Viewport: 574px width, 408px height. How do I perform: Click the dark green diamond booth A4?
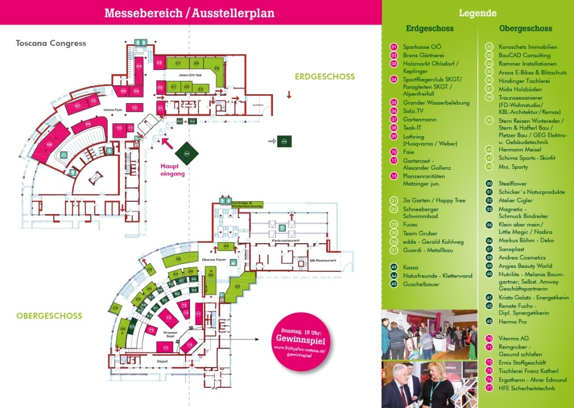[x=187, y=152]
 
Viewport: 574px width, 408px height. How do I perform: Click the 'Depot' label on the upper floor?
[x=163, y=361]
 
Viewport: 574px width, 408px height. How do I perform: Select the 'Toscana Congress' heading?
[x=51, y=43]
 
